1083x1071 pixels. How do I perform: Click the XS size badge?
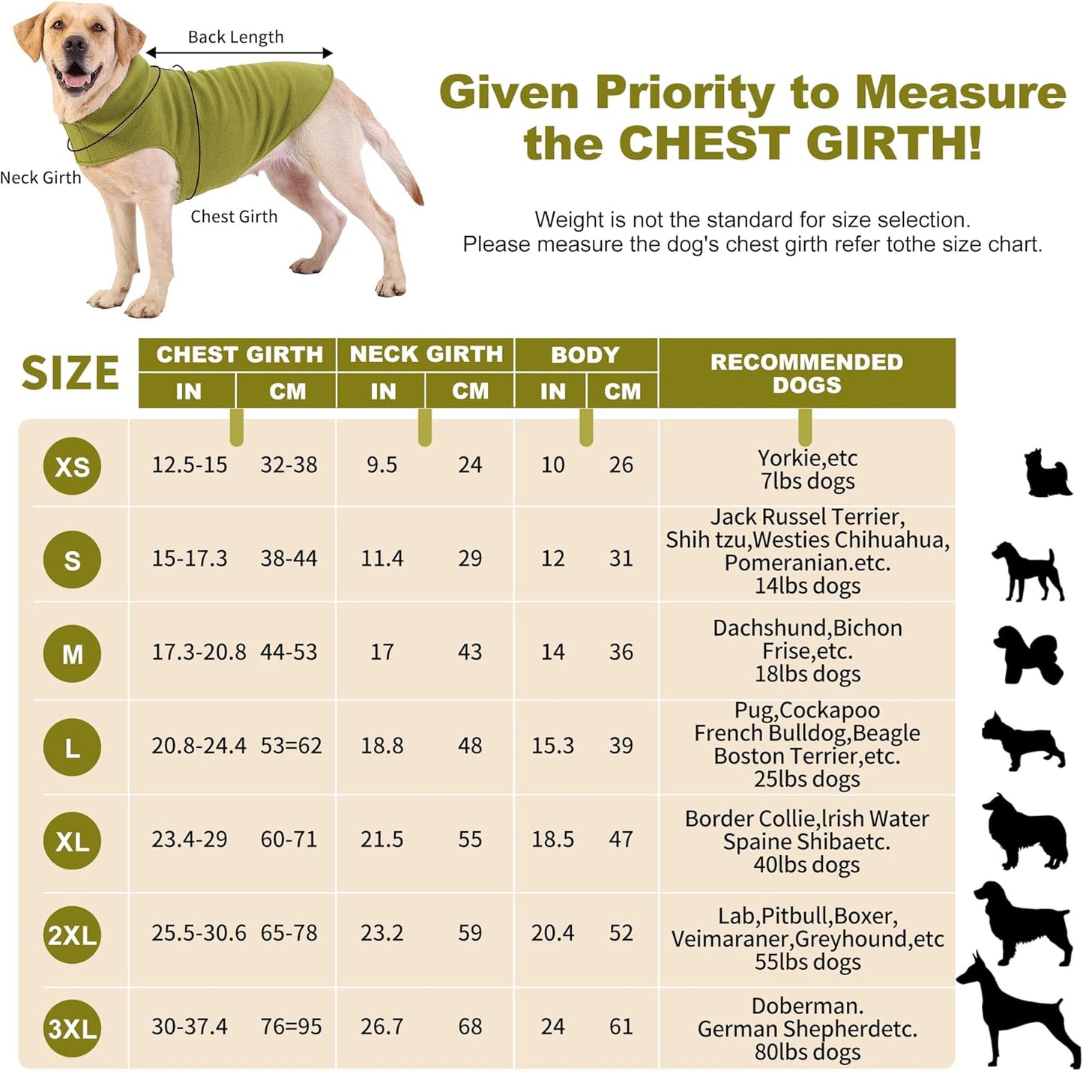click(72, 466)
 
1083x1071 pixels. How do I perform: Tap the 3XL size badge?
click(72, 1028)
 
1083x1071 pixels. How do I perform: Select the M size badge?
click(72, 654)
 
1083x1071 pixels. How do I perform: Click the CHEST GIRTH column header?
click(239, 355)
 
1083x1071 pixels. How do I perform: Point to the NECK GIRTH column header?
click(426, 355)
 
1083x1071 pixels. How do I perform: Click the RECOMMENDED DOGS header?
click(806, 372)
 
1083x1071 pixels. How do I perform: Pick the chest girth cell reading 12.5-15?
click(189, 465)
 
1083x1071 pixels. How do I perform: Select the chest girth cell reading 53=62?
click(291, 746)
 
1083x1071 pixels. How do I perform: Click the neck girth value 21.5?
click(381, 839)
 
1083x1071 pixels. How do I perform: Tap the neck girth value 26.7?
click(381, 1027)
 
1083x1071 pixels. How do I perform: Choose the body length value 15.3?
click(552, 746)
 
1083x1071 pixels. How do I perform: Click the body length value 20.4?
click(552, 933)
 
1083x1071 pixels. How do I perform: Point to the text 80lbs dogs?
click(807, 1052)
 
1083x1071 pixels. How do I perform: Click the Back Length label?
click(235, 37)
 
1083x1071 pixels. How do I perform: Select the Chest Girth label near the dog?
click(234, 217)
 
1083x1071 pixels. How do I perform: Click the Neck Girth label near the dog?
click(40, 178)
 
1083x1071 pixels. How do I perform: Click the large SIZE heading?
click(70, 372)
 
